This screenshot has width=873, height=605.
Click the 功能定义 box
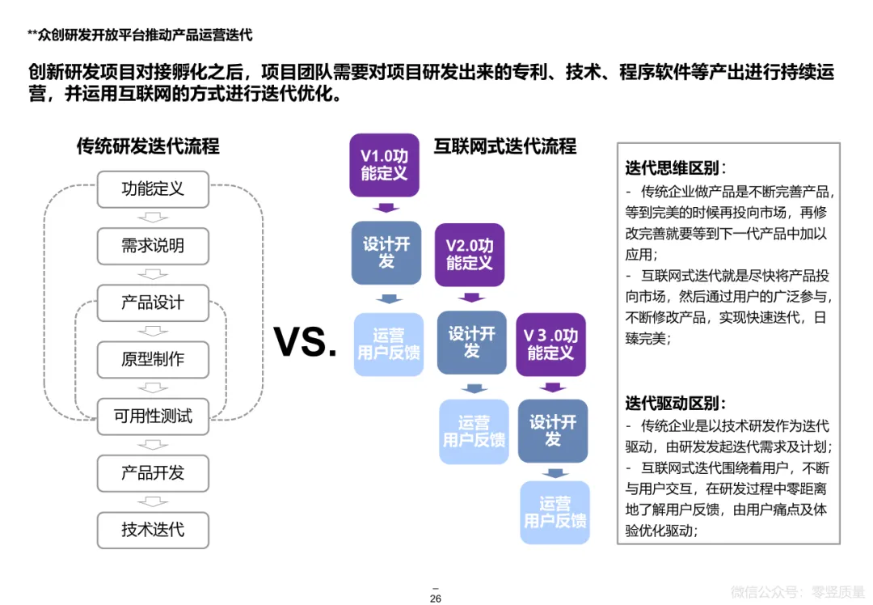coord(153,189)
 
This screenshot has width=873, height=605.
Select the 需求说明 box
coord(153,246)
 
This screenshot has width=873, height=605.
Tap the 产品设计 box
coord(153,302)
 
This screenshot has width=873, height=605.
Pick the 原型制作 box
coord(153,359)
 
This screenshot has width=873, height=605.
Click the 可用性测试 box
coord(153,417)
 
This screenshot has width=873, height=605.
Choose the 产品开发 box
coord(153,473)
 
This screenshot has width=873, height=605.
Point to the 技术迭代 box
coord(153,530)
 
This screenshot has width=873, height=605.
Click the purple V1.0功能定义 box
coord(384,165)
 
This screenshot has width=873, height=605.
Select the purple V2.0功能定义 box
coord(469,254)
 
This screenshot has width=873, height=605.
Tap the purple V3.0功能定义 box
coord(550,344)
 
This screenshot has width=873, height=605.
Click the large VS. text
coord(306,342)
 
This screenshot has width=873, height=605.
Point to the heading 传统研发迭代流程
coord(148,146)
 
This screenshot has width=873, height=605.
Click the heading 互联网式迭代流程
coord(505,146)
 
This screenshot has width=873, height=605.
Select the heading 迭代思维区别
coord(675,168)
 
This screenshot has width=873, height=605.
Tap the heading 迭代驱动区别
coord(675,403)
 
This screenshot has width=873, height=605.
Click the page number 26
coord(435,599)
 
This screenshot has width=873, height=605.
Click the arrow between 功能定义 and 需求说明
coord(153,218)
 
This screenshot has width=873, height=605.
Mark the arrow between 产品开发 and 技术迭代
coord(153,501)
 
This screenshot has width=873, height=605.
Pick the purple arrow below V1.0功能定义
coord(386,208)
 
